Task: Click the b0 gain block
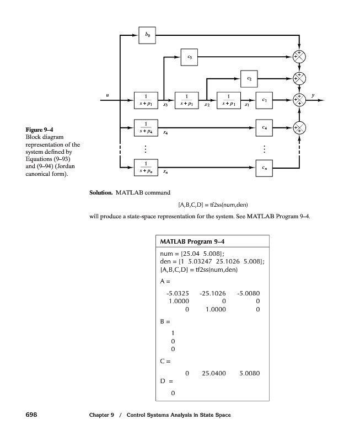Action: (147, 35)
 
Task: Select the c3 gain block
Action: (190, 56)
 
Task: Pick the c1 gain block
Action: (265, 100)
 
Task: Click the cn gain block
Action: (265, 166)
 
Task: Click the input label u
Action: (108, 95)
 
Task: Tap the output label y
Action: (313, 95)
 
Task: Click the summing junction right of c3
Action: (299, 56)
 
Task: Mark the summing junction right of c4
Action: (299, 128)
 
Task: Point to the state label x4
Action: (165, 135)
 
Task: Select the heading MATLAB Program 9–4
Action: (192, 241)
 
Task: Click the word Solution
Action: (101, 193)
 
